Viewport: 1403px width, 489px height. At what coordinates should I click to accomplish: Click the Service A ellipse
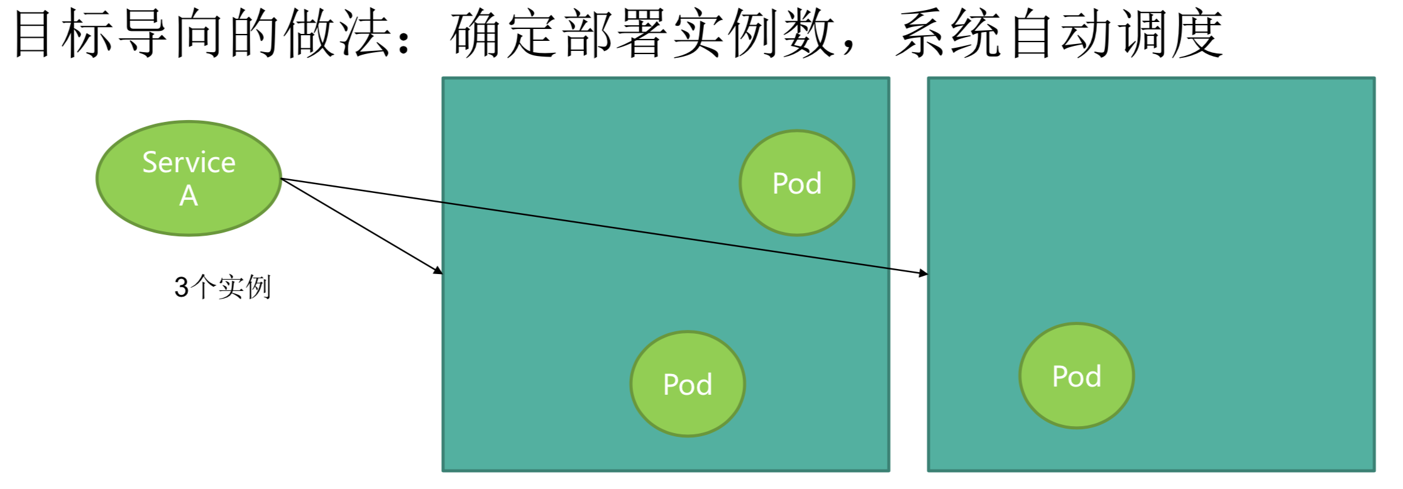189,179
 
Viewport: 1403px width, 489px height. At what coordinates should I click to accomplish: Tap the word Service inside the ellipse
189,163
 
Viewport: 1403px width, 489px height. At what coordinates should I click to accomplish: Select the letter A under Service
189,196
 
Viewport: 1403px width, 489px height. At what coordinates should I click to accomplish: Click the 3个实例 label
223,287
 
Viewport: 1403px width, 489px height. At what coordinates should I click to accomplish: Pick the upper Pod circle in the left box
796,183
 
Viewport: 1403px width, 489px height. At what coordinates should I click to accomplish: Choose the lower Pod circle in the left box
688,384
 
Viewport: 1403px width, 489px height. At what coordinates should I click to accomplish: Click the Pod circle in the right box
1076,376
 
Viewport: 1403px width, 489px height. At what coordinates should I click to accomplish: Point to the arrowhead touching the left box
438,271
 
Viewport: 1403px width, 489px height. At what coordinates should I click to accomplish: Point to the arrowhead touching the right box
923,273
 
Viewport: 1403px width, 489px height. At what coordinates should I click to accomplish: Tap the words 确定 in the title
504,35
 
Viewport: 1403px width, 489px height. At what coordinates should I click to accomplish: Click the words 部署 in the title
615,35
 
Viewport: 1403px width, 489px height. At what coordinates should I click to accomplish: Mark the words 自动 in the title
1059,35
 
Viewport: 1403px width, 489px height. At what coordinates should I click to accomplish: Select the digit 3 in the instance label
181,288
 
